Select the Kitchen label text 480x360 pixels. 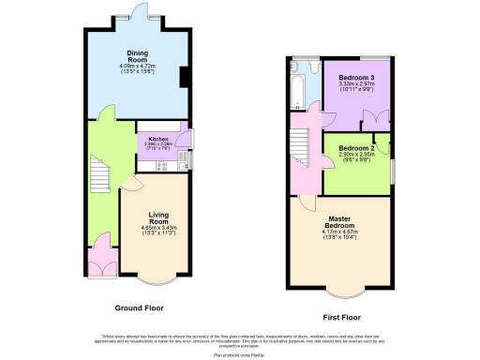(x=156, y=138)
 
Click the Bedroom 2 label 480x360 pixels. (x=356, y=148)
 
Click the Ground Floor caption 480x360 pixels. (x=141, y=307)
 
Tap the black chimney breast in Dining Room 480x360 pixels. (x=184, y=76)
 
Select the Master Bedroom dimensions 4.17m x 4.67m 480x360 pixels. (x=339, y=237)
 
